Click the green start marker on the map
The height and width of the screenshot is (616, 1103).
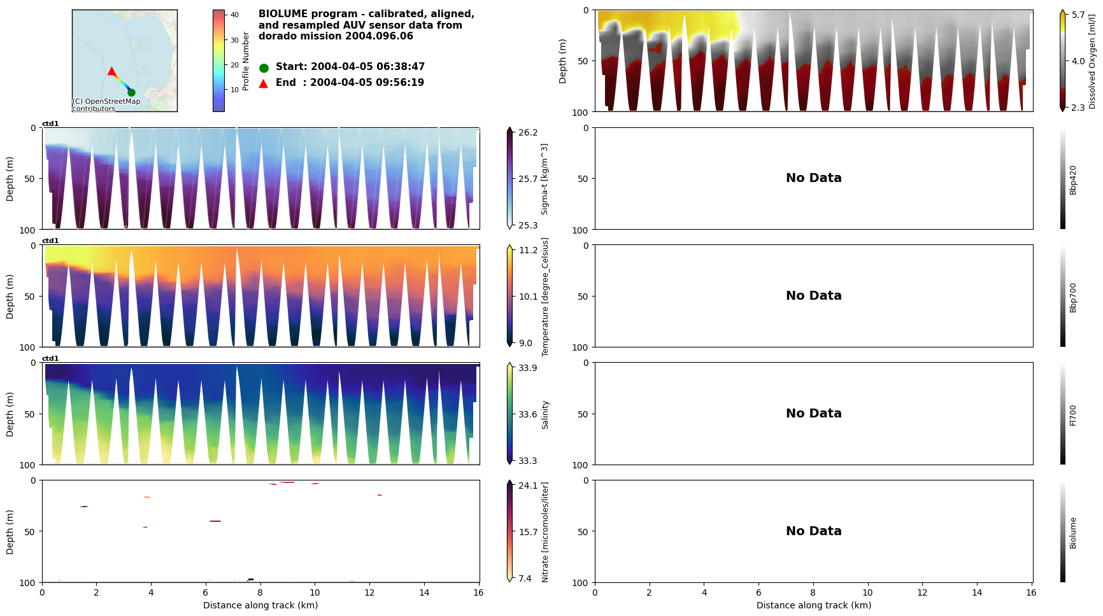coord(131,92)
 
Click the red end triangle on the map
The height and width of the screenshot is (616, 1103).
coord(111,72)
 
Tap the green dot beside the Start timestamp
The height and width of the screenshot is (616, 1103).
coord(264,67)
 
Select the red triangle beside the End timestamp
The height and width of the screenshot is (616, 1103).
coord(263,83)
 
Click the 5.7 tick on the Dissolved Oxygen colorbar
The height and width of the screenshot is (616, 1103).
coord(1078,15)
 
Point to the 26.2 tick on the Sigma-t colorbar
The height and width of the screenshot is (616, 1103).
coord(527,133)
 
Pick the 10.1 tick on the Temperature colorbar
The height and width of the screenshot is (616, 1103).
coord(527,297)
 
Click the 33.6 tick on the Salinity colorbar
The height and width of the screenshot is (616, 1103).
coord(527,414)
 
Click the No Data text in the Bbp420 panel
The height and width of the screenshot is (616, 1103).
coord(813,178)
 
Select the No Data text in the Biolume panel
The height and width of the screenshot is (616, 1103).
coord(813,531)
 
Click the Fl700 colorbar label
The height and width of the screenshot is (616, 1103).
coord(1073,415)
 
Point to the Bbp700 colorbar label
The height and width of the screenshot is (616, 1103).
coord(1073,297)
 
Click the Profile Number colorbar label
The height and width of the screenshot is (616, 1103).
coord(246,61)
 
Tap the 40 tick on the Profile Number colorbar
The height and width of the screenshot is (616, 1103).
coord(234,15)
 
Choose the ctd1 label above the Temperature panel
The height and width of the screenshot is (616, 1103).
coord(50,241)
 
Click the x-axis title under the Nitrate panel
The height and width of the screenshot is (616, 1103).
coord(260,605)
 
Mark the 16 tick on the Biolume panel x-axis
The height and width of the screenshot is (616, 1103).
coord(1030,592)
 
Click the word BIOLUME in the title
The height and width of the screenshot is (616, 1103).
coord(281,14)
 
